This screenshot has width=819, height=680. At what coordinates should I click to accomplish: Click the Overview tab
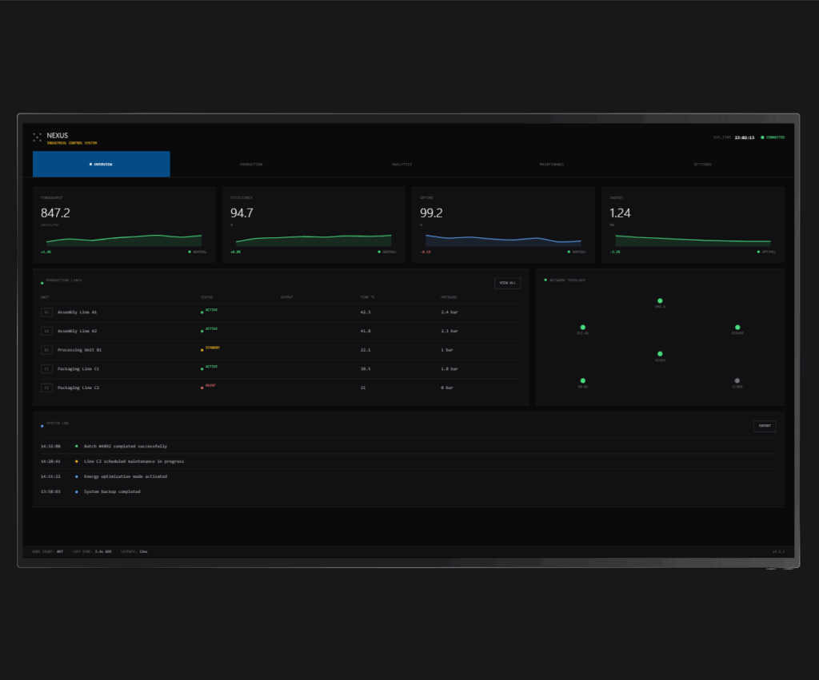(x=102, y=164)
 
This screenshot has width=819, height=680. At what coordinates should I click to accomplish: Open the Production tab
(x=251, y=164)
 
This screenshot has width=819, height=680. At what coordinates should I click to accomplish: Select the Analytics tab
(x=402, y=164)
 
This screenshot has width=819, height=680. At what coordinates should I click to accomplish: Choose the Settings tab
(x=702, y=164)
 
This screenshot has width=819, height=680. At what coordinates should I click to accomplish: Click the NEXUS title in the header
(x=58, y=136)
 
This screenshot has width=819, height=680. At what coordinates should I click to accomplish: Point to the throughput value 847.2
(x=55, y=213)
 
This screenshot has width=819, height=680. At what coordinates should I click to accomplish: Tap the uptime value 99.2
(x=431, y=213)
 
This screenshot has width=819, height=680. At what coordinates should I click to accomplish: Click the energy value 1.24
(x=620, y=213)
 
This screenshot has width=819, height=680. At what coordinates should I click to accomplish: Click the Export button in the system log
(x=764, y=426)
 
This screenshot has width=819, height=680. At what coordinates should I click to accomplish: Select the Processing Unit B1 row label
(x=79, y=350)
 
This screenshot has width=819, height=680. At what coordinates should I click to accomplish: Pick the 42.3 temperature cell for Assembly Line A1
(x=366, y=312)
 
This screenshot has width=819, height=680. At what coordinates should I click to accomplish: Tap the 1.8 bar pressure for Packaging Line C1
(x=449, y=368)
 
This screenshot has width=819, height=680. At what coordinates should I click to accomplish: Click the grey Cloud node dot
(x=737, y=380)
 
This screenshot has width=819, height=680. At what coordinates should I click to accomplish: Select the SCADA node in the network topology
(x=660, y=353)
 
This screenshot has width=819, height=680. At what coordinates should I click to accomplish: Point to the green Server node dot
(x=737, y=327)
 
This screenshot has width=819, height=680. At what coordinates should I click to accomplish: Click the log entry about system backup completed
(x=112, y=491)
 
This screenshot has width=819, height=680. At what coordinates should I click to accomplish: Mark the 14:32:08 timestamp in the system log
(x=50, y=446)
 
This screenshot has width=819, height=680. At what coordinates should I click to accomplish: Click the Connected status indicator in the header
(x=773, y=137)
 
